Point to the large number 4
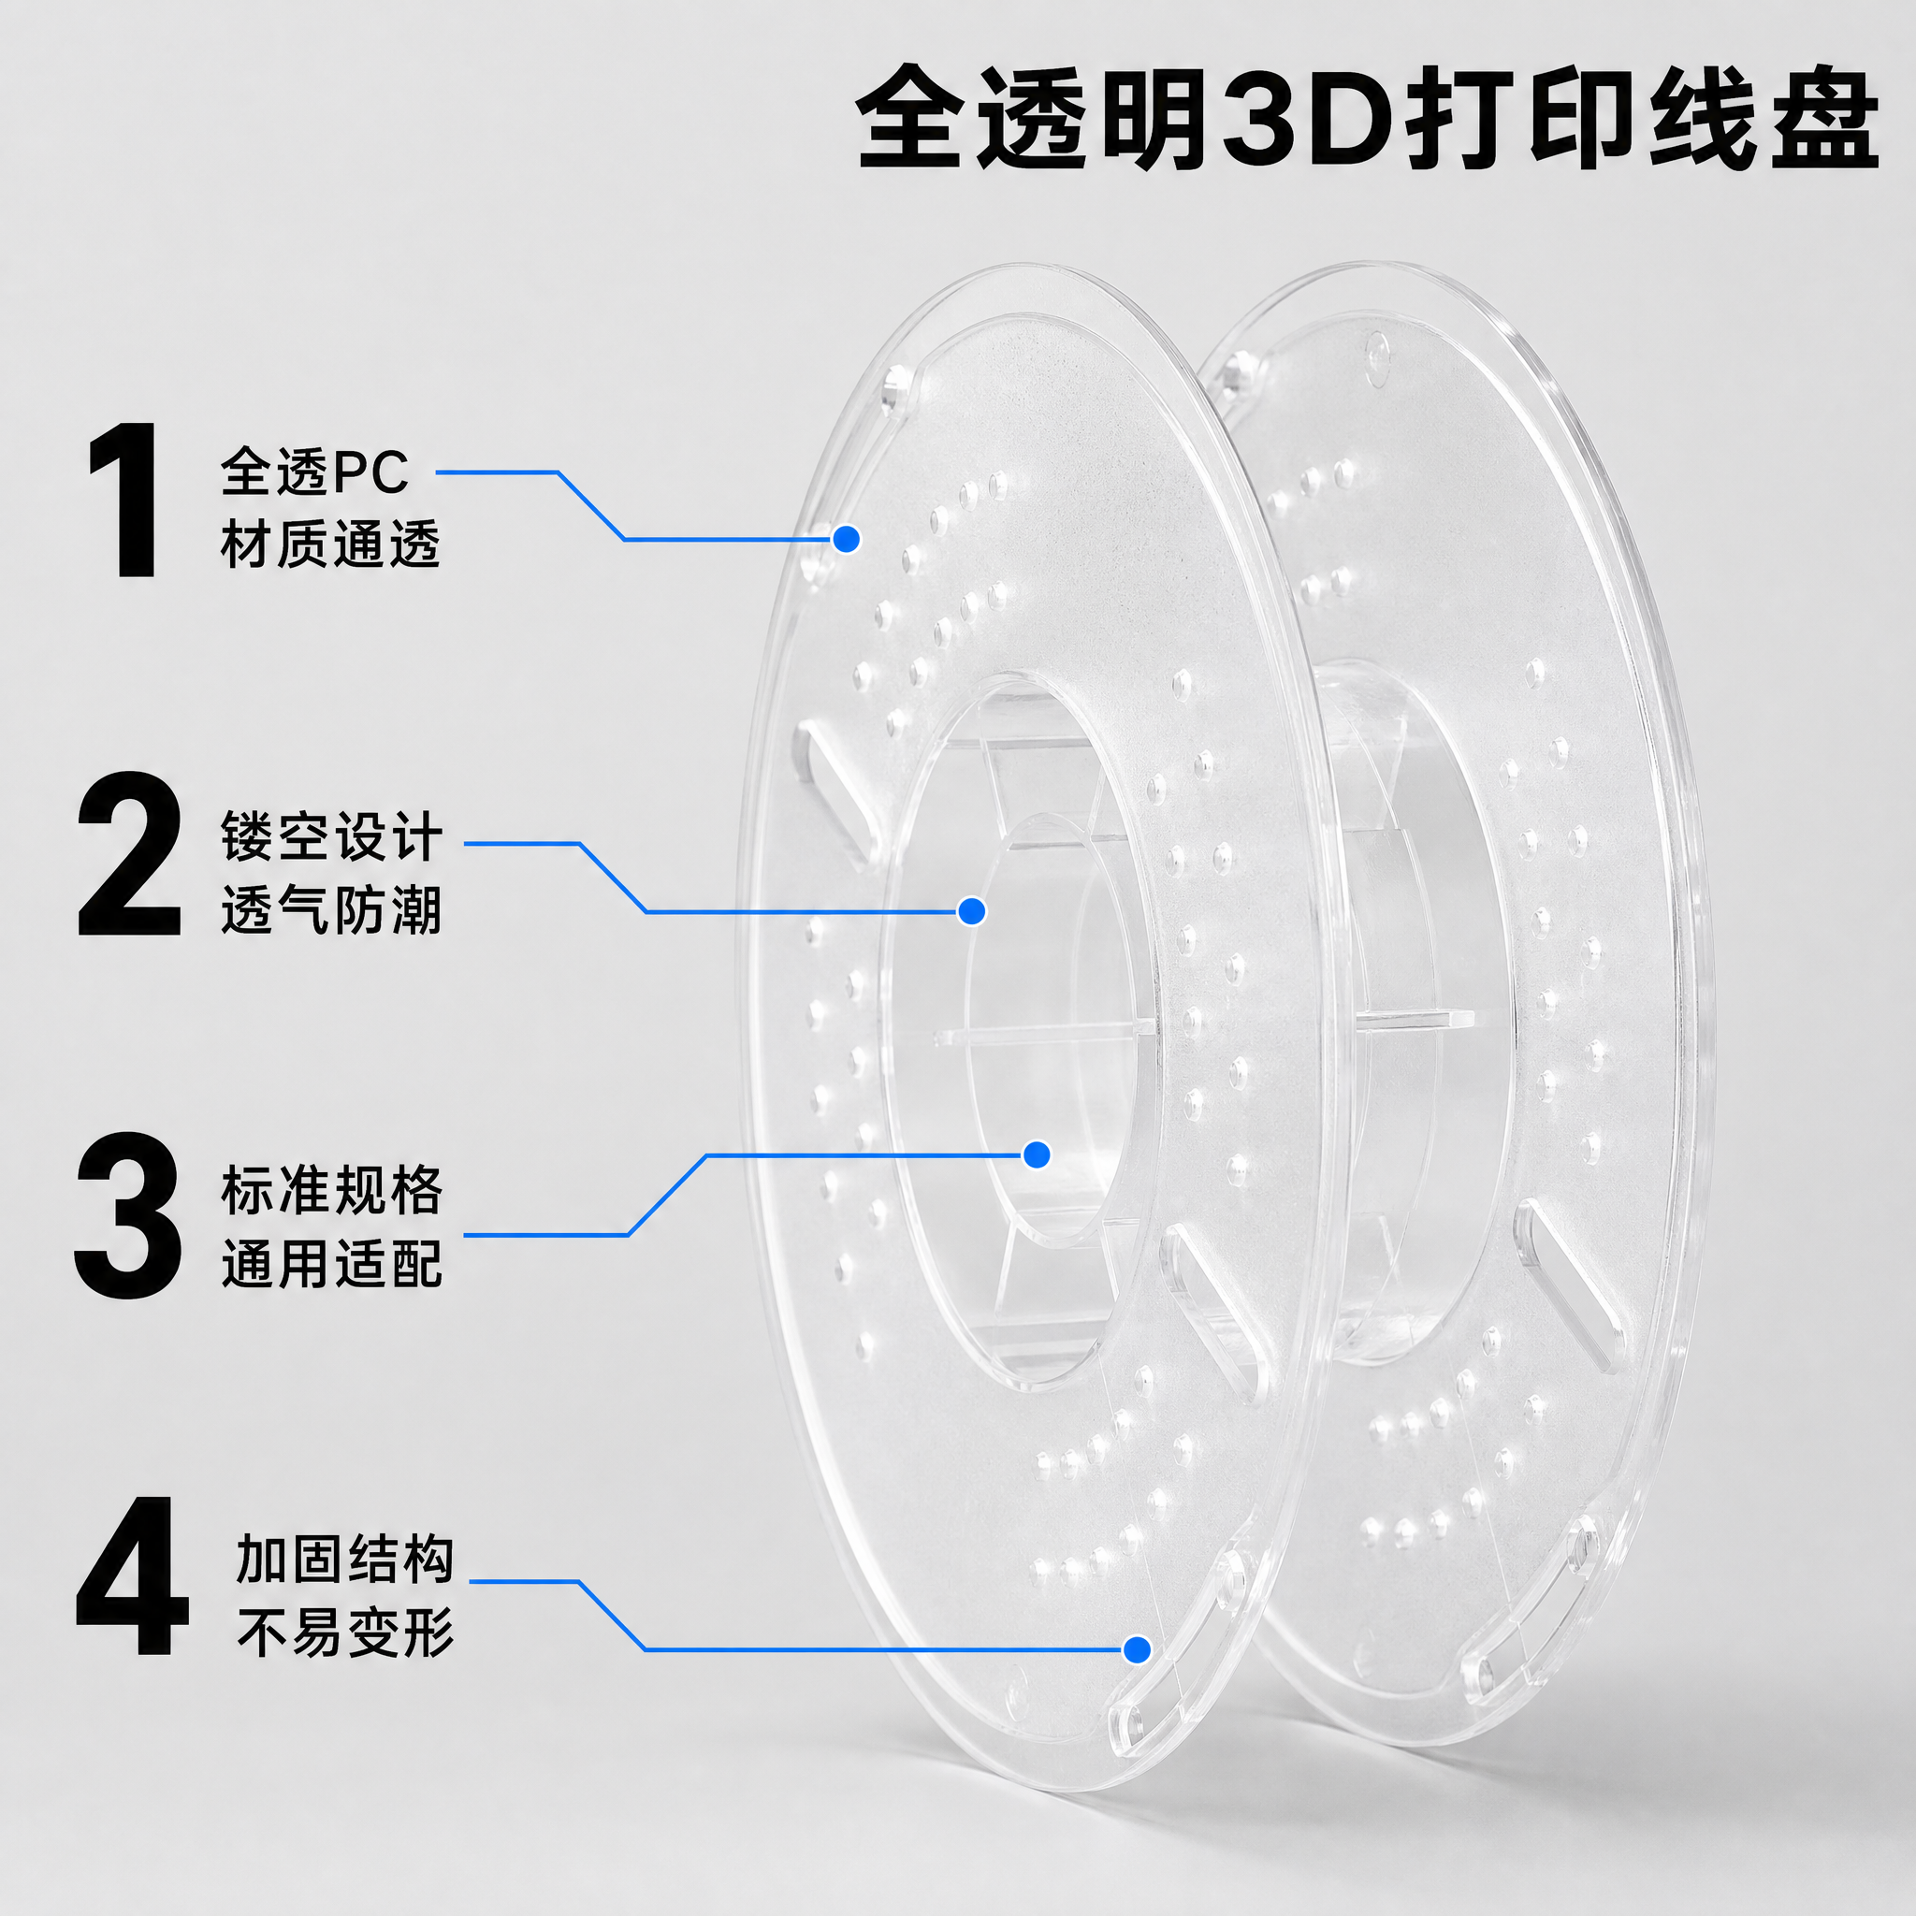132,1576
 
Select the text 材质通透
330,544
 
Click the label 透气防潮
331,908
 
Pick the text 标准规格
331,1190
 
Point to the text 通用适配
331,1263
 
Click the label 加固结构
345,1559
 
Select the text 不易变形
345,1633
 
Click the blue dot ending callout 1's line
846,539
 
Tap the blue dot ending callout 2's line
972,910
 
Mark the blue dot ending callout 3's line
1037,1154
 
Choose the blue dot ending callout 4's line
1138,1650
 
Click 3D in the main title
1305,117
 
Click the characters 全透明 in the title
1036,117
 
